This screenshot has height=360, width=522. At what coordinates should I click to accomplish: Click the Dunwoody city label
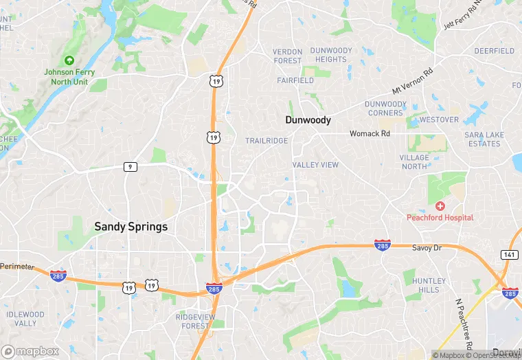pos(308,120)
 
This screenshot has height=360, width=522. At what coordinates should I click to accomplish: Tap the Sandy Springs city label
pos(130,226)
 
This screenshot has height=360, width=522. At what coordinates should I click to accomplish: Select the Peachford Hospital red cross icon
pos(440,206)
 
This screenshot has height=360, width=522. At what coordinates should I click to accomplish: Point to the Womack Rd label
pos(370,133)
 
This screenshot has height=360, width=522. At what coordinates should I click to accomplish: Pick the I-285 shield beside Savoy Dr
pos(383,245)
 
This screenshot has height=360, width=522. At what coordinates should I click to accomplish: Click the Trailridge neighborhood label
pos(266,141)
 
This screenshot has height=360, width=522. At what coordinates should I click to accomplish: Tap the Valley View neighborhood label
pos(315,165)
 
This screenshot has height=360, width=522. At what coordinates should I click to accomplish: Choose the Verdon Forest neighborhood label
pos(287,56)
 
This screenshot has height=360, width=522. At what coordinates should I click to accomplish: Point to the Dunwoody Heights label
pos(330,55)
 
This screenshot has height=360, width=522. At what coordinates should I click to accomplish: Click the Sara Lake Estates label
pos(482,139)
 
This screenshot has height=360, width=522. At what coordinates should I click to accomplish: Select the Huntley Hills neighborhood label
pos(429,285)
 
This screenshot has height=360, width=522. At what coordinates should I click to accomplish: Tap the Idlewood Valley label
pos(25,319)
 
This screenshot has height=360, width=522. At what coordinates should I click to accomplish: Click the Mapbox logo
pos(31,351)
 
